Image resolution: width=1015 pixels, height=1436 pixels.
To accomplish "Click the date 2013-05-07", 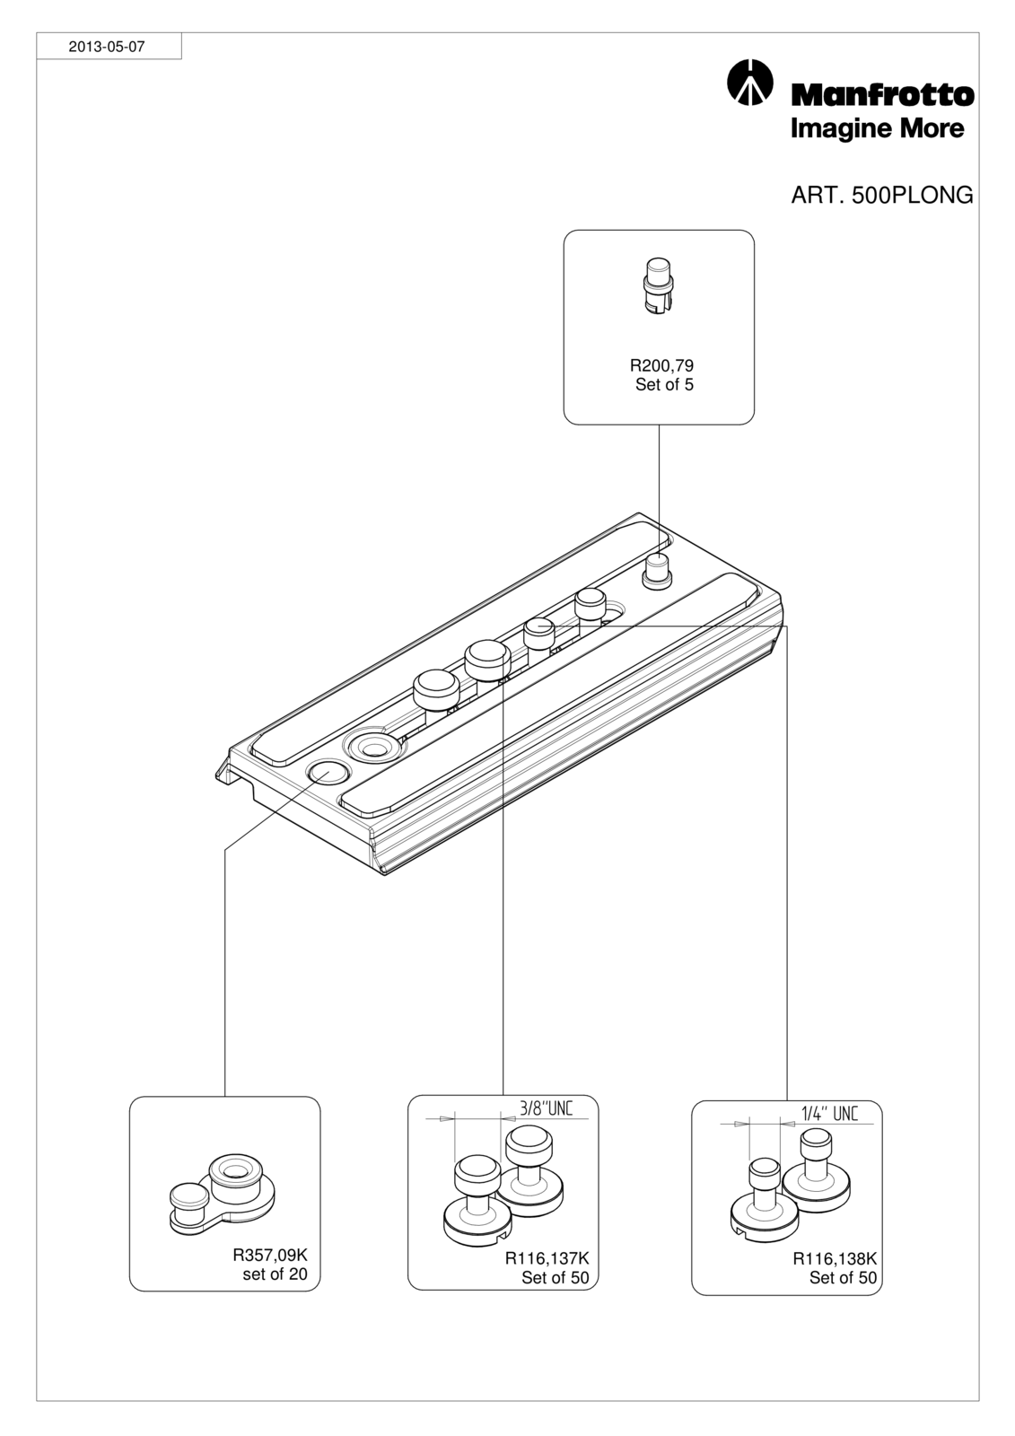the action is pos(107,47).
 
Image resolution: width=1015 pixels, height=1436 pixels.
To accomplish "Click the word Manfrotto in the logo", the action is pos(883,95).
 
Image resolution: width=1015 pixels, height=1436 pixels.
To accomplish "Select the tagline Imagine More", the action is pos(877,129).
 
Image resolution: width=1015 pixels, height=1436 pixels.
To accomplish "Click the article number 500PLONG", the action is pos(913,195).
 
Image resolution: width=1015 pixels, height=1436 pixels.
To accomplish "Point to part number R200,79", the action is pos(661,365).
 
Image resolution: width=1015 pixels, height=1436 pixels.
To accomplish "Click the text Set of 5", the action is pos(664,385).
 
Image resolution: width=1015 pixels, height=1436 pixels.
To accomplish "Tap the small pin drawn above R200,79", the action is pos(659,285).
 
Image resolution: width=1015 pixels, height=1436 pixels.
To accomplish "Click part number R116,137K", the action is pos(547,1258).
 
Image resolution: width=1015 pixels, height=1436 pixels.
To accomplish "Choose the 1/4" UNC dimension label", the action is pos(830,1113).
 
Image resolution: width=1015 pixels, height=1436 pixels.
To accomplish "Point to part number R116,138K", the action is pos(835,1258).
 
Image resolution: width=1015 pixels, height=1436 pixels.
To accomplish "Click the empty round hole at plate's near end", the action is pos(328,772).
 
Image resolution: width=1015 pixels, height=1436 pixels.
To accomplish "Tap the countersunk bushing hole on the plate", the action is pos(374,747).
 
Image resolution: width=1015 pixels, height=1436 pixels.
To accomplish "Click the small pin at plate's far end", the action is pos(657,570).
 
